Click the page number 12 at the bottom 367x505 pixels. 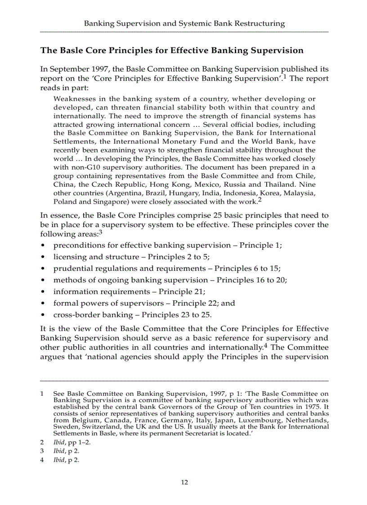(184, 483)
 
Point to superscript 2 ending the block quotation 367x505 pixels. (260, 200)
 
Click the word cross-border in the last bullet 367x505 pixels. (76, 315)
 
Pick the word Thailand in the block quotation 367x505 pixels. (293, 184)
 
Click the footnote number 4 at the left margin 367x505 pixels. (42, 460)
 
